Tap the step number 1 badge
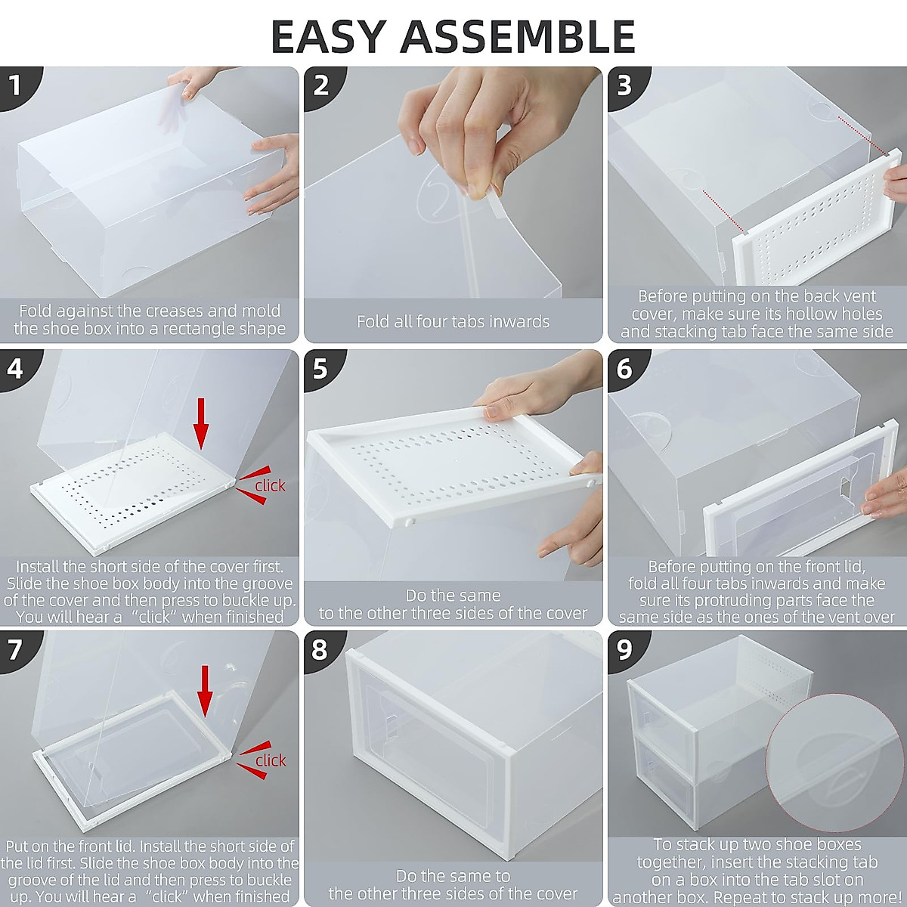pos(15,85)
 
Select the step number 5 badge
pos(320,368)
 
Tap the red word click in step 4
pos(270,486)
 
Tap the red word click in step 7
pos(270,760)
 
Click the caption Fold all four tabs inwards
pos(453,321)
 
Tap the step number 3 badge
pos(624,85)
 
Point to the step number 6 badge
pos(624,368)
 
